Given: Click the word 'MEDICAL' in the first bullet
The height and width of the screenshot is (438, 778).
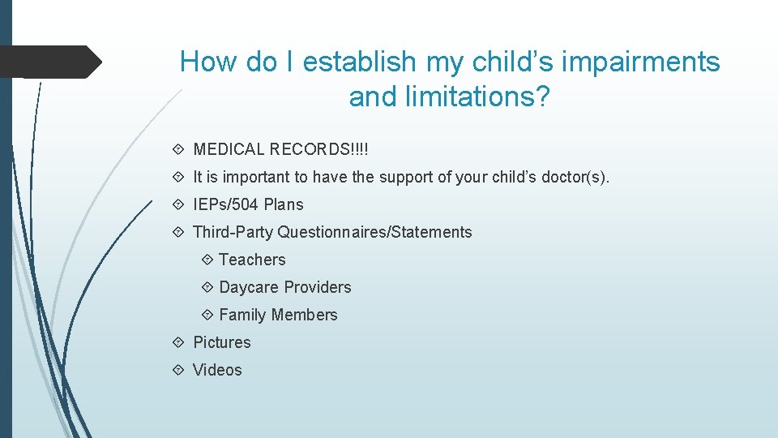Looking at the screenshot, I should pos(229,149).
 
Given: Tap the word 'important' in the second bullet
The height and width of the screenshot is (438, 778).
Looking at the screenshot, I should pos(255,177).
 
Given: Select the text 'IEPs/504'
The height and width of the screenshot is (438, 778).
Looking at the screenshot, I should pos(226,204).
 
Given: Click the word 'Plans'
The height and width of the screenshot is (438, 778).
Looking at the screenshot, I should pos(284,204).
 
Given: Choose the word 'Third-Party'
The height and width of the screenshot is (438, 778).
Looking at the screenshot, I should pos(233,232).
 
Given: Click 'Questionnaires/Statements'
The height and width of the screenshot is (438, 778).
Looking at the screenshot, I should pos(374,232).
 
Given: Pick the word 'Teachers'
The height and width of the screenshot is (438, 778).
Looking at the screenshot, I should pos(252,260).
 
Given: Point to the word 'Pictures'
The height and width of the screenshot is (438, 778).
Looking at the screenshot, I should pos(222,342).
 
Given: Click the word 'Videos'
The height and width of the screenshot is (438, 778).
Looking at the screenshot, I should pos(217,370).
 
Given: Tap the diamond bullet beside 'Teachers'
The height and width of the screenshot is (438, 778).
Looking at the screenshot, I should pos(206,260).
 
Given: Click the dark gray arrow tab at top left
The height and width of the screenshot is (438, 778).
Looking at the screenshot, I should pos(49,62).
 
